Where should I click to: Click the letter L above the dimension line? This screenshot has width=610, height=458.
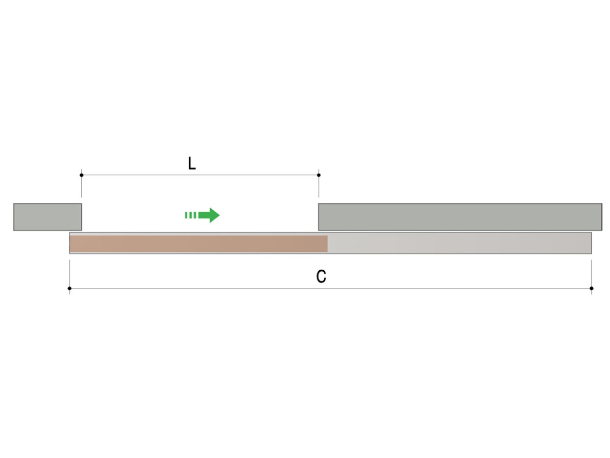tap(192, 163)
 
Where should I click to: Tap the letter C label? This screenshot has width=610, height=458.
tap(321, 276)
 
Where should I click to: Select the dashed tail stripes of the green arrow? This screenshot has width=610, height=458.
tap(191, 215)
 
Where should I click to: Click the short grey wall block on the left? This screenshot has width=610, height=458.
tap(47, 217)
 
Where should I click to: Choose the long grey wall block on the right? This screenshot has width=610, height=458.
tap(460, 217)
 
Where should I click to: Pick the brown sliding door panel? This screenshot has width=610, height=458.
tap(199, 244)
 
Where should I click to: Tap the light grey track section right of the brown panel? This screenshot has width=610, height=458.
tap(459, 244)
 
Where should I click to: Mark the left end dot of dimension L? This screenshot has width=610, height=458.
tap(81, 175)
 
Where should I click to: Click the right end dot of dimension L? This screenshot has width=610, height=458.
tap(319, 175)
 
